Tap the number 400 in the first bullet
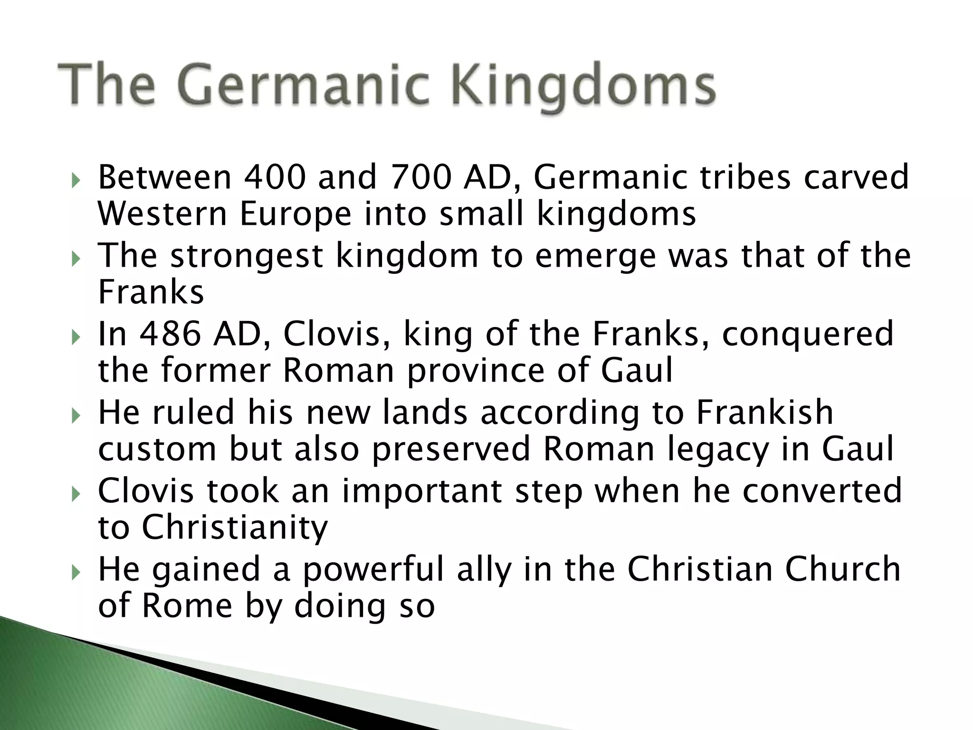(274, 177)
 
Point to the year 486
(170, 334)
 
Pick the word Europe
(296, 214)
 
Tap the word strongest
(247, 256)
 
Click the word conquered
(808, 335)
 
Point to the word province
(476, 371)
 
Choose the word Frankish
(764, 412)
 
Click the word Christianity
(235, 528)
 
